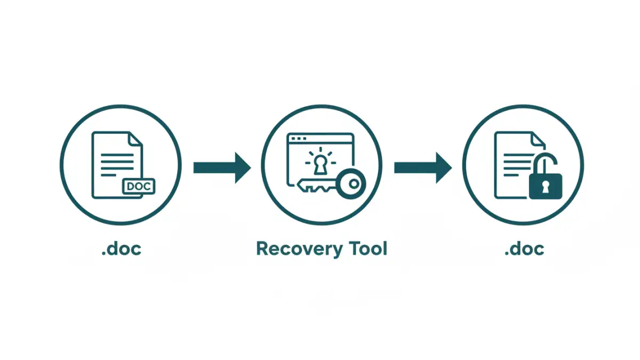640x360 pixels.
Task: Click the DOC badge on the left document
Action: coord(138,186)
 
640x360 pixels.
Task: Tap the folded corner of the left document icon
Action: coord(135,139)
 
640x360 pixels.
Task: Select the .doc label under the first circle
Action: coord(121,249)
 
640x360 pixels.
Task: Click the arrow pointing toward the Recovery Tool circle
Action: coord(221,167)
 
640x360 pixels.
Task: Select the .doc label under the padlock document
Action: coord(524,249)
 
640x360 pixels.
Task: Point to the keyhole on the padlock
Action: coord(545,186)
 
